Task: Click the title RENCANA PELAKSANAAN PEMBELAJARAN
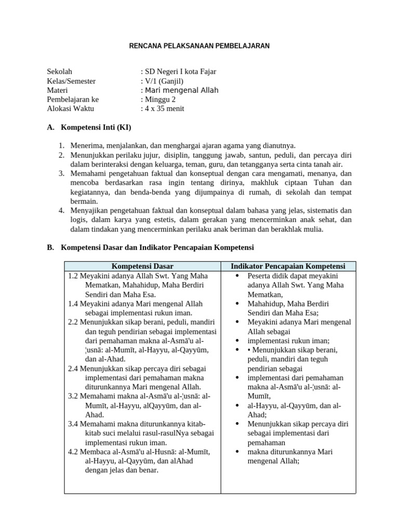[x=199, y=46]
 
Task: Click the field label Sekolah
[x=60, y=72]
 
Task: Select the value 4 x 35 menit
[x=163, y=109]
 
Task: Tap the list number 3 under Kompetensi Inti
[x=61, y=173]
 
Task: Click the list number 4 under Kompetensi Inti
[x=61, y=211]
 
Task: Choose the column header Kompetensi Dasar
[x=142, y=267]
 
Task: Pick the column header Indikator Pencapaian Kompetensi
[x=288, y=267]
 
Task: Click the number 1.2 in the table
[x=73, y=276]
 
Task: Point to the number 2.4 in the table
[x=73, y=368]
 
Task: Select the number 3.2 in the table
[x=73, y=396]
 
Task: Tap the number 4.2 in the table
[x=73, y=452]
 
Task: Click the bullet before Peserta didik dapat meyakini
[x=237, y=276]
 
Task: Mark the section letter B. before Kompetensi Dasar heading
[x=50, y=248]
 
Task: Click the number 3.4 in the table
[x=73, y=424]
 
